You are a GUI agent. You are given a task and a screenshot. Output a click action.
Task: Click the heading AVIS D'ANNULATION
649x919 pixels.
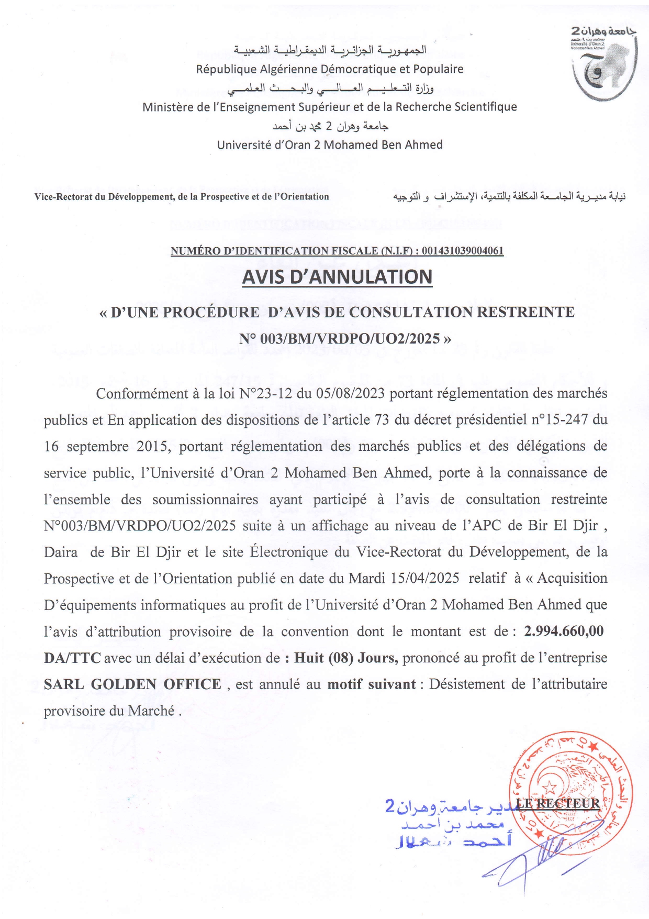click(x=337, y=277)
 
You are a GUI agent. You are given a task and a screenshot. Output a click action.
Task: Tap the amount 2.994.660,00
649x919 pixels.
click(x=564, y=631)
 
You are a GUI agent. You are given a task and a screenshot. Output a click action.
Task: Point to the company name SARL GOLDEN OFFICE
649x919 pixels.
click(x=132, y=684)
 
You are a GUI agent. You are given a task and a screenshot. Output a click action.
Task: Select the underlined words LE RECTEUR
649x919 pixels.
click(x=558, y=803)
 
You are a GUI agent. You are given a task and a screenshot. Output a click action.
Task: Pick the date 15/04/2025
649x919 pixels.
click(x=425, y=578)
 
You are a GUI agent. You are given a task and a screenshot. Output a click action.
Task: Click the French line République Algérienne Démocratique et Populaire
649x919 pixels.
click(x=330, y=69)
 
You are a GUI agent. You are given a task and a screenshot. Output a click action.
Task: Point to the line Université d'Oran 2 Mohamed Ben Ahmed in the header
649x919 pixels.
click(x=330, y=145)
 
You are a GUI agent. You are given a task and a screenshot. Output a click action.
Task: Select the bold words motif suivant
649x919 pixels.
click(x=372, y=684)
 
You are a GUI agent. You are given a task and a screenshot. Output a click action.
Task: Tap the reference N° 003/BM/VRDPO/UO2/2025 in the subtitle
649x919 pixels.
click(x=340, y=339)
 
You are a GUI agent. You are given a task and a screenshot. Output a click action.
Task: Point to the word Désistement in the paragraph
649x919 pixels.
click(x=467, y=684)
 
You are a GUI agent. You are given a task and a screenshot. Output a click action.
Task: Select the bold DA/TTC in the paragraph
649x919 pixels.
click(x=72, y=658)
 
